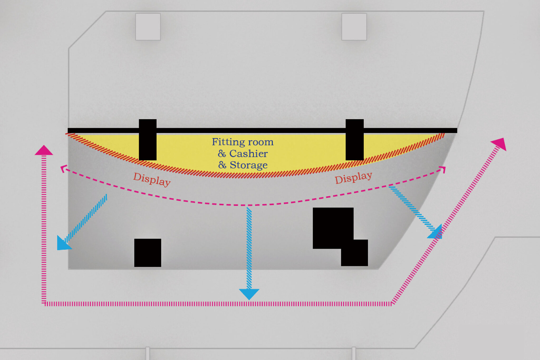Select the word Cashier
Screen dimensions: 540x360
(248, 153)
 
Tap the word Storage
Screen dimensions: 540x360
(248, 165)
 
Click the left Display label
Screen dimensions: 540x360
(152, 179)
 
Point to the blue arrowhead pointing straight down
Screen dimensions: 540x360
(249, 294)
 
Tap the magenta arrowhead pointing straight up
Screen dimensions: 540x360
(44, 150)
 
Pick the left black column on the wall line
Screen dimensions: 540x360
(148, 140)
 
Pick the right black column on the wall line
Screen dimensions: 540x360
(355, 140)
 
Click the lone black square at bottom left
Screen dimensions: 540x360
(148, 253)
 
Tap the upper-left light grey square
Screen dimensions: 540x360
(148, 27)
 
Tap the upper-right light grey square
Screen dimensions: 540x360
(354, 27)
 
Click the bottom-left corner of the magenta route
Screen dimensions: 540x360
(44, 304)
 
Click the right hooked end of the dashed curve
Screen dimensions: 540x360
(443, 169)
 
